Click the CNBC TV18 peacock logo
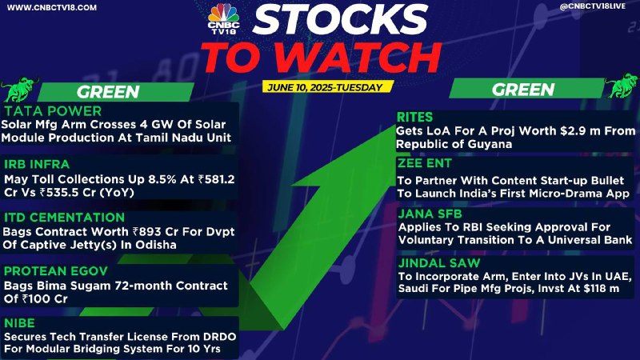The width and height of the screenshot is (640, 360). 223,18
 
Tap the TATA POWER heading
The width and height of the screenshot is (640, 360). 53,111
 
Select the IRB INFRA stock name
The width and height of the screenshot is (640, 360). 37,165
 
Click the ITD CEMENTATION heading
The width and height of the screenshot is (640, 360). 64,218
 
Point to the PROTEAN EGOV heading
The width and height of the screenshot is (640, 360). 56,271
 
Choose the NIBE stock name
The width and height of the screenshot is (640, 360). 19,323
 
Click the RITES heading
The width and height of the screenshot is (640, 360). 414,118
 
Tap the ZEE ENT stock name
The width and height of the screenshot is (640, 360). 425,163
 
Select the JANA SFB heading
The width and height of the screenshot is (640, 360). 430,214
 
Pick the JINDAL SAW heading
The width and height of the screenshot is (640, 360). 439,263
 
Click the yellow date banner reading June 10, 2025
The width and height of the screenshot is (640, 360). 326,87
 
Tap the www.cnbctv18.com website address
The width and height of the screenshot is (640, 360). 52,7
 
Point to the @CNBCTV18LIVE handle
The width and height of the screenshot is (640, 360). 592,6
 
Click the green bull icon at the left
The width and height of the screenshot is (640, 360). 18,89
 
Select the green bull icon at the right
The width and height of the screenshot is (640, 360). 622,86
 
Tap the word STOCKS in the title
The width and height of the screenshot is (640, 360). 340,19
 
